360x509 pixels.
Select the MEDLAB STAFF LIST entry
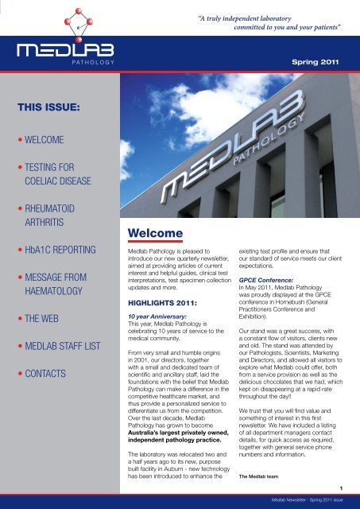click(60, 344)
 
